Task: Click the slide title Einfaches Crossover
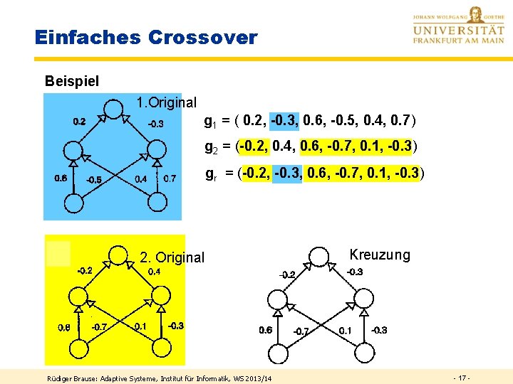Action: (146, 38)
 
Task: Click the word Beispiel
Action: (71, 82)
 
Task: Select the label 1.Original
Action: (166, 102)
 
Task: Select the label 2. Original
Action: (172, 257)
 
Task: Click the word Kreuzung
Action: (380, 255)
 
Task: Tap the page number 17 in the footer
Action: (461, 376)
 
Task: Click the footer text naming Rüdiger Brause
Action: (159, 377)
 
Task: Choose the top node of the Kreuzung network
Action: (318, 257)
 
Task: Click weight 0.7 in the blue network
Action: (170, 178)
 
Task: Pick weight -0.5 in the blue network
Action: (93, 180)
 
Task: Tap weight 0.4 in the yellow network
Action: (154, 271)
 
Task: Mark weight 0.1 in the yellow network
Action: (140, 326)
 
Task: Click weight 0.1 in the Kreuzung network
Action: (345, 330)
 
